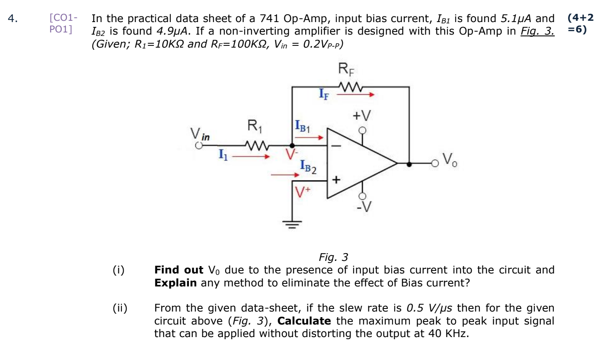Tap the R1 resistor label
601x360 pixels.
click(255, 126)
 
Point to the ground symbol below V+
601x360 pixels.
click(292, 224)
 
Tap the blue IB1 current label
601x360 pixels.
click(302, 126)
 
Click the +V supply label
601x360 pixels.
click(361, 116)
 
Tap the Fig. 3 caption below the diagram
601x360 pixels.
click(333, 257)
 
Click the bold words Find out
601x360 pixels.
click(179, 270)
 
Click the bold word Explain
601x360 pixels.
click(175, 283)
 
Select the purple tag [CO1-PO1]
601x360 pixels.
click(63, 24)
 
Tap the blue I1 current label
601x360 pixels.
click(222, 153)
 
